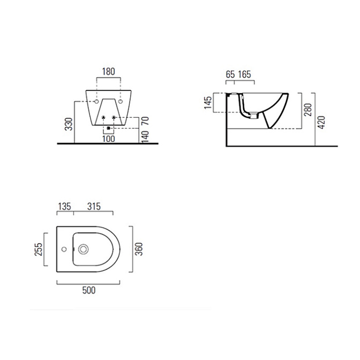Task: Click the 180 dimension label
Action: coord(108,72)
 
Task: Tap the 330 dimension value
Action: coord(69,124)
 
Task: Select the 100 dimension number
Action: coord(109,139)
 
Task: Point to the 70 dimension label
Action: coord(145,121)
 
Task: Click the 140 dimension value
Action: coord(145,137)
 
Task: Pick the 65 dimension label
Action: coord(230,74)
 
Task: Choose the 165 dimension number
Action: coord(244,74)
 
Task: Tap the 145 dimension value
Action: coord(208,103)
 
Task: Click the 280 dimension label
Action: coord(308,110)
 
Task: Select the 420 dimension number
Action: coord(321,123)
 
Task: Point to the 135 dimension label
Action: coord(64,206)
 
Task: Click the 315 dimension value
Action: coord(94,206)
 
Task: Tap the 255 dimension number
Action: coord(39,249)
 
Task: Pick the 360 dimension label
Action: coord(139,249)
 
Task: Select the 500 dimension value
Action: coord(89,290)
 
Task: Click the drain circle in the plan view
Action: coord(84,249)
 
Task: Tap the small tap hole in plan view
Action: coord(64,249)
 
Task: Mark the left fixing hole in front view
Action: coord(96,101)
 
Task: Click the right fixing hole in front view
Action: coord(121,101)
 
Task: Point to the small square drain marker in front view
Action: coord(109,128)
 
